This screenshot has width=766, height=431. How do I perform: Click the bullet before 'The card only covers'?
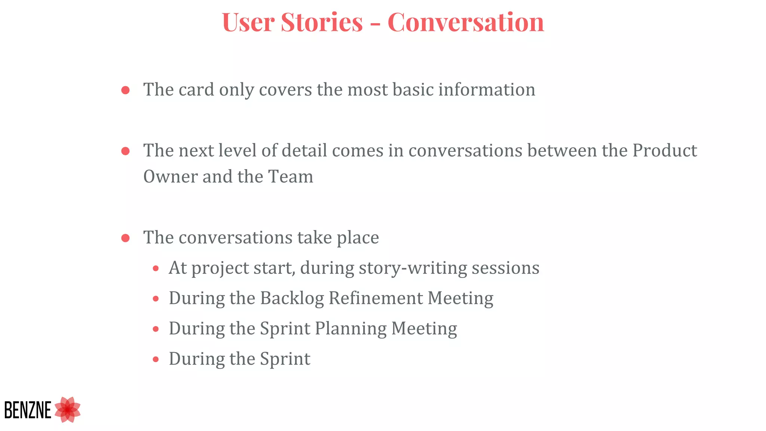[x=126, y=90]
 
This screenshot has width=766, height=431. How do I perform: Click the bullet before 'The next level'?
[x=126, y=151]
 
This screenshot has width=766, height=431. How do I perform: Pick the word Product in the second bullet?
[x=665, y=150]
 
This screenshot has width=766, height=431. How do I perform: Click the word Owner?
[x=170, y=177]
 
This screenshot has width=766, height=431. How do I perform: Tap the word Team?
[x=291, y=177]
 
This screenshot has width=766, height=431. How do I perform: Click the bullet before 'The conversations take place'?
[x=126, y=238]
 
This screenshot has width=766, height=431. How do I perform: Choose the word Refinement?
[x=376, y=299]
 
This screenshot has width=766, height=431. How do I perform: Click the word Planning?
[x=350, y=329]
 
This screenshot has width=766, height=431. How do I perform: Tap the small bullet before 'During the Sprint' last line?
[x=156, y=360]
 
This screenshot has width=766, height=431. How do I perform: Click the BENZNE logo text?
[x=28, y=410]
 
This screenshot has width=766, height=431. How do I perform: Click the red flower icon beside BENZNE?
[x=68, y=410]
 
